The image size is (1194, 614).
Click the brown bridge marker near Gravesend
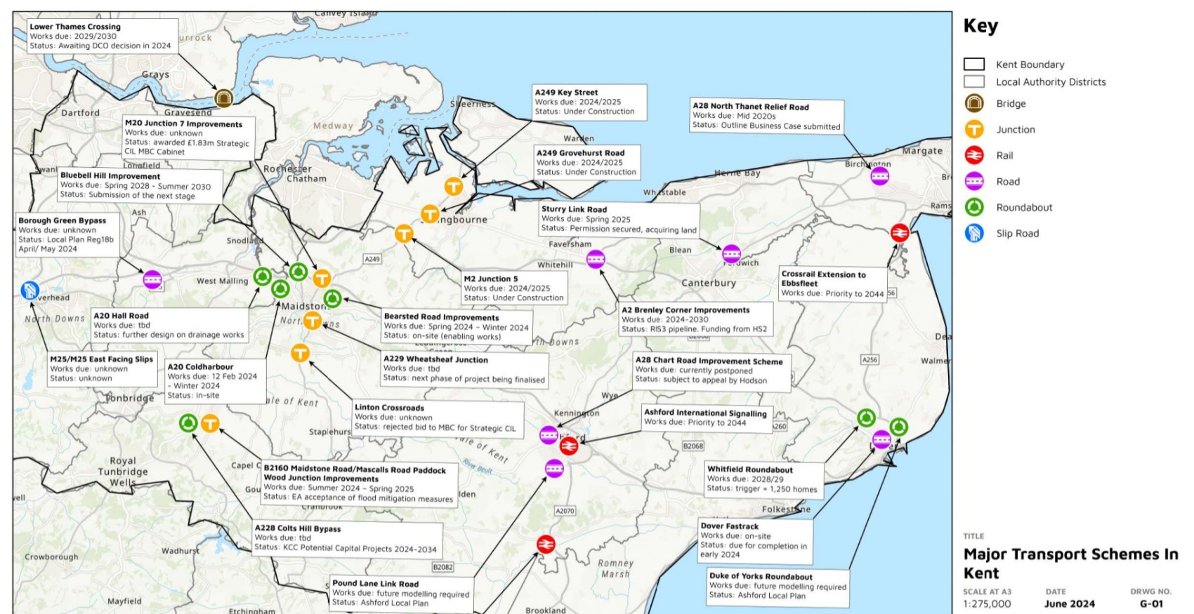223,98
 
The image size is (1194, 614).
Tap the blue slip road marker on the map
29,290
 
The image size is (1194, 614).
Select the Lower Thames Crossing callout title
75,27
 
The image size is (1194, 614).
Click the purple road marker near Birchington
879,176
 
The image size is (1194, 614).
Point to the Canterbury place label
709,283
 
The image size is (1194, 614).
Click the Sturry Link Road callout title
574,209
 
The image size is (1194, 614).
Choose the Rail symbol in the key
973,155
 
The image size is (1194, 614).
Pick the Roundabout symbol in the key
973,207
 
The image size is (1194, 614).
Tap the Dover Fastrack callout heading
729,526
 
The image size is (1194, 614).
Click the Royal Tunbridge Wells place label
123,472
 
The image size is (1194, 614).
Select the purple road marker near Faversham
596,259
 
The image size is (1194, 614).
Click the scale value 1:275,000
987,603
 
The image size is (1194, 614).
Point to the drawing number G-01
1151,603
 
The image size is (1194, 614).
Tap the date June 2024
1069,603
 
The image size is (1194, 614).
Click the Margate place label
922,151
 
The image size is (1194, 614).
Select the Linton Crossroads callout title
389,408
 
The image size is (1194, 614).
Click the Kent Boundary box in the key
973,65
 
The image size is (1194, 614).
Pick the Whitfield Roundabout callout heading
749,469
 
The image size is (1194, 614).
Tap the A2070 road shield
565,511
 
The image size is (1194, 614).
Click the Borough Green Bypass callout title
63,220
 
